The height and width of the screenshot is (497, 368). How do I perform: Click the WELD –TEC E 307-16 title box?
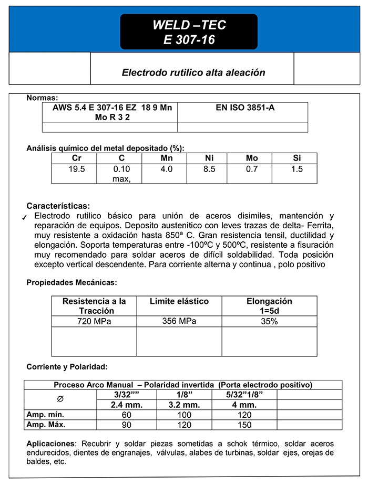click(189, 32)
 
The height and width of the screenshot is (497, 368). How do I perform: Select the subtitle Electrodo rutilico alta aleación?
click(193, 72)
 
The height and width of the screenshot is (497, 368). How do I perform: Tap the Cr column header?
click(76, 158)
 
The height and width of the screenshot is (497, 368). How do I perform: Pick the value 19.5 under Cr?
click(76, 169)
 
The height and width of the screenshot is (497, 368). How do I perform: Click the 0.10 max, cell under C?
click(121, 174)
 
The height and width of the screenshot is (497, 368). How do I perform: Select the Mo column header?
click(252, 158)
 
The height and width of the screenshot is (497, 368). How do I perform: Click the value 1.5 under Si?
click(297, 169)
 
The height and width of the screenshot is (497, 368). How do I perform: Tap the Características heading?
click(58, 206)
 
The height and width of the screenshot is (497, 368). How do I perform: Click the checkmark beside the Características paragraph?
click(25, 218)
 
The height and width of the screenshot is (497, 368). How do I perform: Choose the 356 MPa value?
click(179, 321)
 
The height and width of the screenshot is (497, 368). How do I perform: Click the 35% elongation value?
click(269, 321)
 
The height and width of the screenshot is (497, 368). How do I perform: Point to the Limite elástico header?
click(179, 301)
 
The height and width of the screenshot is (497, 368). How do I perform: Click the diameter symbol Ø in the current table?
click(60, 399)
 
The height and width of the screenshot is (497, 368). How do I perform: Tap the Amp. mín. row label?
click(45, 415)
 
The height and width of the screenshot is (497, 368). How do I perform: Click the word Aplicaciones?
click(50, 443)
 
